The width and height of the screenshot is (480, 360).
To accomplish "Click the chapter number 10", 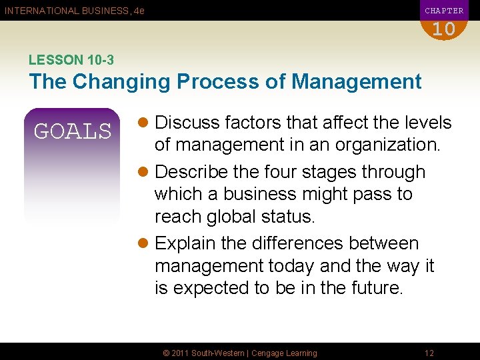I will [443, 29].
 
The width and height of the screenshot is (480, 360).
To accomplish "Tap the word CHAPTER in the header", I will [444, 11].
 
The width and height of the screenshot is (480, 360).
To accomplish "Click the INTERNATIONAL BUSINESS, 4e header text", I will [75, 11].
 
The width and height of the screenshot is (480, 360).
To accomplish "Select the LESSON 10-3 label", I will [71, 60].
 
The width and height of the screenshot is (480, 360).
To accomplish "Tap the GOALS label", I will [73, 131].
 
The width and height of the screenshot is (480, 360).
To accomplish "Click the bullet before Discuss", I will [145, 123].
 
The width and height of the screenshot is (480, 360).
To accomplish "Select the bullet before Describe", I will [145, 172].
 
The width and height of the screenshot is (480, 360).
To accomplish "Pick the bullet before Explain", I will [145, 244].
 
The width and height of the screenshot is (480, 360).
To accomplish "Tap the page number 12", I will [430, 353].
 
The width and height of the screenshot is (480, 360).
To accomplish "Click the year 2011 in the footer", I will [181, 353].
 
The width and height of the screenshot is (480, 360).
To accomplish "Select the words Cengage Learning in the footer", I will [283, 353].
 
